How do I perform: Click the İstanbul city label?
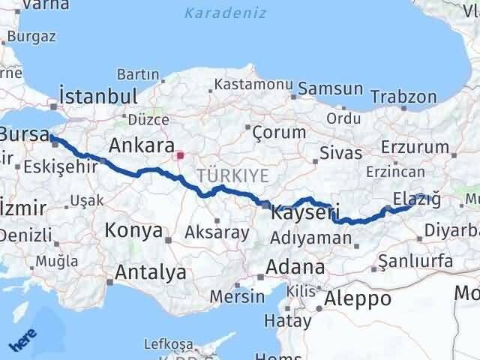click(97, 97)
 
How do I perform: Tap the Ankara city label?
click(142, 145)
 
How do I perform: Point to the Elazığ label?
click(415, 197)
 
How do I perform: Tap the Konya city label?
click(134, 230)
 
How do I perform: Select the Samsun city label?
click(330, 88)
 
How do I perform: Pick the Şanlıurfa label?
click(415, 261)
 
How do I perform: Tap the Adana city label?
click(298, 267)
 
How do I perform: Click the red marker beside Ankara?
click(180, 156)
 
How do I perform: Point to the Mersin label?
click(237, 296)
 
